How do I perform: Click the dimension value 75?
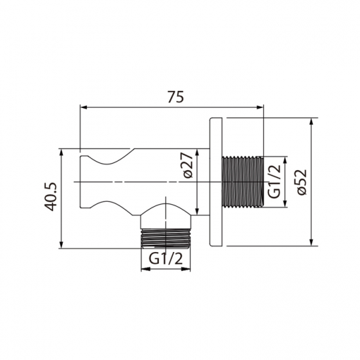point(173,96)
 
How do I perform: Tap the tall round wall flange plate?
point(217,182)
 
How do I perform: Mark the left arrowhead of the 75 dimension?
point(83,107)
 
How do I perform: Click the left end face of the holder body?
point(81,181)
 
